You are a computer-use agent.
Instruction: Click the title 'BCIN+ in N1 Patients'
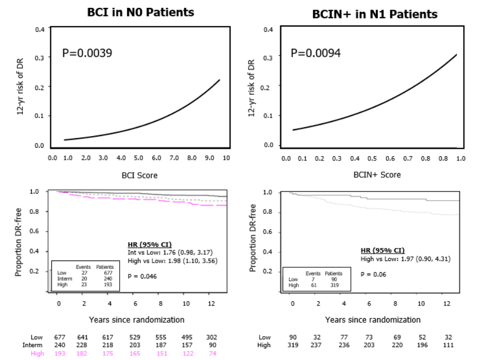point(375,14)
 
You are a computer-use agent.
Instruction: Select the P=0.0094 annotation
point(316,53)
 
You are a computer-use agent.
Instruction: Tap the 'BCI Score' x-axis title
point(139,175)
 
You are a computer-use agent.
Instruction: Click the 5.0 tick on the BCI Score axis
point(138,158)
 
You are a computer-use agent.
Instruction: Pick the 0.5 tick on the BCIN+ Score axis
point(373,158)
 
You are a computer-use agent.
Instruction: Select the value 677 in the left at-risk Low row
point(60,337)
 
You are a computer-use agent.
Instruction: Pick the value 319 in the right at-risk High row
point(292,345)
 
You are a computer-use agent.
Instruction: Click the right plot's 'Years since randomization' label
point(372,320)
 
